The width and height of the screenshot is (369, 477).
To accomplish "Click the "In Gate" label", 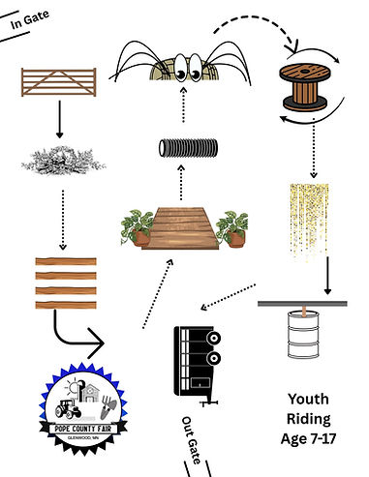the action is point(30,19).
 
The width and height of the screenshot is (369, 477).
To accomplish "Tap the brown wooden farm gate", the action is point(59,82).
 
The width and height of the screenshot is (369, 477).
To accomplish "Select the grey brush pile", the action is point(63,161).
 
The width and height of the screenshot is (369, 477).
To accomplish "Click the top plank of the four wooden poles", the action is point(66,261).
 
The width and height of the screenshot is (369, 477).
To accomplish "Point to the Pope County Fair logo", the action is point(83,408).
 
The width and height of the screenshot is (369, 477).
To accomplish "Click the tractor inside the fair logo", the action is point(68,409).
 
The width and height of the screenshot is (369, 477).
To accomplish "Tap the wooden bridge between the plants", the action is point(180,228).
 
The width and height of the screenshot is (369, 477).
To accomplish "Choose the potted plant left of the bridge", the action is point(138,227).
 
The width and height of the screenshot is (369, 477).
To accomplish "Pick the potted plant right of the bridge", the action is point(232,229).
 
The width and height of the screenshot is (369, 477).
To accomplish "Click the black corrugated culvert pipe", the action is point(188,148).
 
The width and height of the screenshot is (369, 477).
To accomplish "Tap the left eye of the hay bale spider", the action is point(180,67).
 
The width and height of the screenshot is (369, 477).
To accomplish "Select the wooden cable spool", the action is point(303,87).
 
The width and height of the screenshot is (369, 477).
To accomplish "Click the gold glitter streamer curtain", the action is point(309,221).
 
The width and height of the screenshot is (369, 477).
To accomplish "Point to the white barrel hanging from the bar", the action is point(303,335).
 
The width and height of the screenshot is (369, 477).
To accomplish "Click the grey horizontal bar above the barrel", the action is point(302,304).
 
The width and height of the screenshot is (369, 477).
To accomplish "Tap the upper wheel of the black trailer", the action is point(214,338).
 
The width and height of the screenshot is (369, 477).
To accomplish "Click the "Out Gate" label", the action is point(192,440).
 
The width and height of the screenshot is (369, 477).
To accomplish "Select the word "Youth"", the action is point(308,399).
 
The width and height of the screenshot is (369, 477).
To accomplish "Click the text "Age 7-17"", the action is point(308,438).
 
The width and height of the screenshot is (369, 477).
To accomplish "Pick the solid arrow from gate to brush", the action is point(59,119).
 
